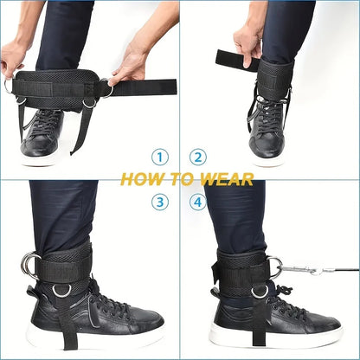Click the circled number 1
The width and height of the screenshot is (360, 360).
pos(160,157)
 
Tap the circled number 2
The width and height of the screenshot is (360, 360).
pos(199,157)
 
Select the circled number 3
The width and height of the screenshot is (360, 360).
pos(160,202)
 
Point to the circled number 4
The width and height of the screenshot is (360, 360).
pos(199,202)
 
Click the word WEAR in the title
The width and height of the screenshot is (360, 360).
pos(228,179)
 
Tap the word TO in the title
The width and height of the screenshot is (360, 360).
pos(183,179)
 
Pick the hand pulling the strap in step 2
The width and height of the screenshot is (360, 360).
pos(248,42)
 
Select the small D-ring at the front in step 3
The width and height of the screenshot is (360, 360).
pos(61,291)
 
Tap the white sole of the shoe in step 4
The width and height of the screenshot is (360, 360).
pos(277,337)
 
